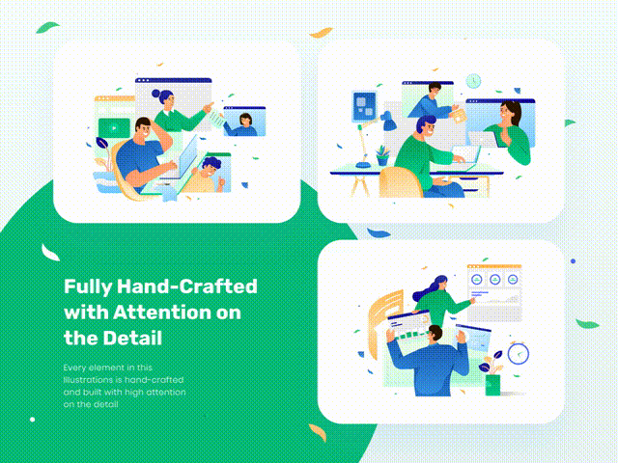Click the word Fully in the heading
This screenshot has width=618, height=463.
coord(88,287)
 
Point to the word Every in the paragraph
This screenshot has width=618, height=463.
coord(73,368)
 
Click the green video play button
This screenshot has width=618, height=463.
coord(114,128)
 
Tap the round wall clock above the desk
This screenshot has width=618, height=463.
coord(473,81)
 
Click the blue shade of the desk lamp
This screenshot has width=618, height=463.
coord(388,122)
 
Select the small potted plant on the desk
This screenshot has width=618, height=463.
coord(382,155)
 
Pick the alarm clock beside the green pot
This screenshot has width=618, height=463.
coord(519,353)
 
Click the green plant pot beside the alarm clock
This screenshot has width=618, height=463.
coord(492,385)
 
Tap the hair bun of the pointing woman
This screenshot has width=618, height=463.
coord(156,94)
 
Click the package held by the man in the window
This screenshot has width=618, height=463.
coord(458,116)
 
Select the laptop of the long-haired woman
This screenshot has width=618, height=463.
coord(483,139)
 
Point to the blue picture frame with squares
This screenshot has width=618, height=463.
coord(364,106)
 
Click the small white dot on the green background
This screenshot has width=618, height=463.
coord(32,420)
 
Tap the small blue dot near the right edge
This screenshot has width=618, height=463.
coord(573,261)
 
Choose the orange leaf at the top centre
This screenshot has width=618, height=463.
coord(321,32)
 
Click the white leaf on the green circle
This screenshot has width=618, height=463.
coord(50,253)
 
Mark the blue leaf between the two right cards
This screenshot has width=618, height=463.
coord(379,233)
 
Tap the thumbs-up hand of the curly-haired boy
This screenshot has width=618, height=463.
coord(221,181)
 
